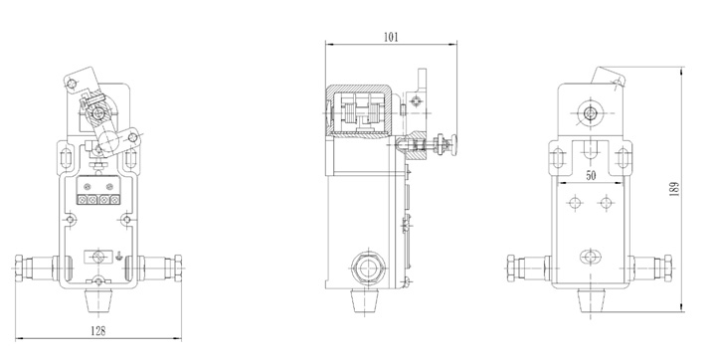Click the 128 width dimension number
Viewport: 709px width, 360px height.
[97, 331]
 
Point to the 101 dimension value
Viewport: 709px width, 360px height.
[391, 37]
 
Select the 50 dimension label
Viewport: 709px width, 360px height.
[591, 175]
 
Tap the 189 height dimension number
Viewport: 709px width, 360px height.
[674, 189]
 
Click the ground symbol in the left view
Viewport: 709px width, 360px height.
[117, 256]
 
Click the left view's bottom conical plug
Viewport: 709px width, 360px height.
[98, 300]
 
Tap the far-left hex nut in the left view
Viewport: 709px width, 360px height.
[19, 268]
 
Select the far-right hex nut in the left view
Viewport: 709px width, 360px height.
[178, 268]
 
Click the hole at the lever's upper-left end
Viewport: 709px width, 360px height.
[71, 85]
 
